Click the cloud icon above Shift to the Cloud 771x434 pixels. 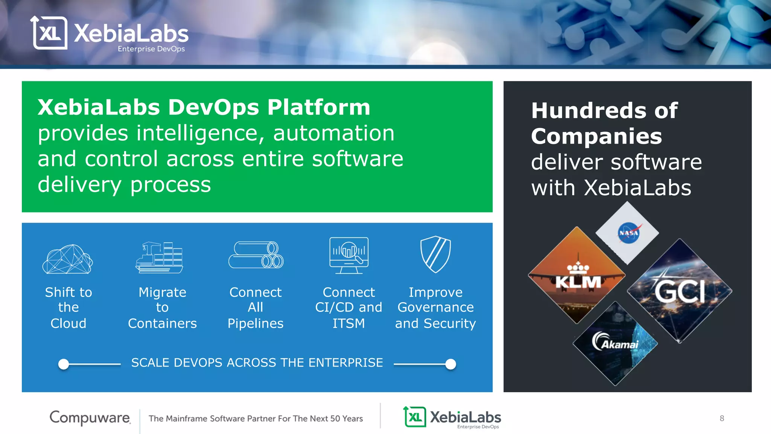tap(68, 259)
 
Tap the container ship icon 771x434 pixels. tap(159, 258)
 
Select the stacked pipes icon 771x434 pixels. tap(256, 255)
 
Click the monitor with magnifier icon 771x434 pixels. tap(349, 255)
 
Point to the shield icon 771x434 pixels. tap(436, 254)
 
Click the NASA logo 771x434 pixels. tap(628, 233)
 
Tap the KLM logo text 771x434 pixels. tap(578, 281)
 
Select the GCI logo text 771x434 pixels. tap(680, 292)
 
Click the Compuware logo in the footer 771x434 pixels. tap(90, 418)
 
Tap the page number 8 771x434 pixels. tap(722, 419)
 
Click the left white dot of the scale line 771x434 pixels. tap(64, 364)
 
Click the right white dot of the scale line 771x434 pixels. tap(451, 364)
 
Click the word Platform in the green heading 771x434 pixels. tap(319, 107)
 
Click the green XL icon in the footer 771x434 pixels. tap(415, 417)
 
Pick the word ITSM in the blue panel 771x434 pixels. tap(349, 324)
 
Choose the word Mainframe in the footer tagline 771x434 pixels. tap(186, 419)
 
